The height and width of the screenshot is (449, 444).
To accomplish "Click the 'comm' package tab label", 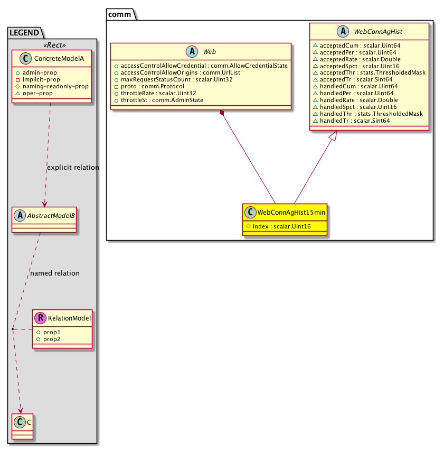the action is [119, 14].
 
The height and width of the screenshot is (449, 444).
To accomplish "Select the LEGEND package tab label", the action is [24, 33].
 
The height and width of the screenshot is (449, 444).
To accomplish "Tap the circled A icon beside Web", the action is [192, 51].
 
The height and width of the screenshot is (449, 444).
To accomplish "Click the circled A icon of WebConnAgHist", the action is [343, 31].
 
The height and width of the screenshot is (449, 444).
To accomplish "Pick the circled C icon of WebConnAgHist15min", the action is [250, 212].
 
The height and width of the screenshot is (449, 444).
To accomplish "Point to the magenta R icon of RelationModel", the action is [40, 318].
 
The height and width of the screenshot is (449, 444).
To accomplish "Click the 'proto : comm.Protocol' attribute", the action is [153, 86].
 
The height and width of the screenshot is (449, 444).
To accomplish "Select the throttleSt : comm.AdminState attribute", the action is [162, 100].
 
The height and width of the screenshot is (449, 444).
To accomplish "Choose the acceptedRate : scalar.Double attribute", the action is [360, 59].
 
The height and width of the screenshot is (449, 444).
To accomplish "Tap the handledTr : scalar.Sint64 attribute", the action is [355, 121].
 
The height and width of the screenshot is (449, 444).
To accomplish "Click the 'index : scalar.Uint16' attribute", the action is [281, 226].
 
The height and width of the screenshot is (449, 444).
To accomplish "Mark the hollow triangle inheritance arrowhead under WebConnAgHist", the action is [333, 136].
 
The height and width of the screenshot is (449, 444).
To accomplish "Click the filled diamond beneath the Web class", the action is [222, 113].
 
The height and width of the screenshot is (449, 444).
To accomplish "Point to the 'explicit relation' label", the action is [73, 167].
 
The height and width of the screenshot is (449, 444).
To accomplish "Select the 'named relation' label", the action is [55, 273].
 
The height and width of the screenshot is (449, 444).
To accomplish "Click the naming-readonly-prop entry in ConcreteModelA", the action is [55, 86].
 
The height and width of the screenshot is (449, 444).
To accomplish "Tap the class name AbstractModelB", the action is [51, 216].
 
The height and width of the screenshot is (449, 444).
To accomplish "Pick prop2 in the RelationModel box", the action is [52, 339].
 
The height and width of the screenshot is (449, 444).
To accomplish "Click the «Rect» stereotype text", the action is [54, 45].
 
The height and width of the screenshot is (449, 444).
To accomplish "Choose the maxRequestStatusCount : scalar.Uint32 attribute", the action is [176, 79].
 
